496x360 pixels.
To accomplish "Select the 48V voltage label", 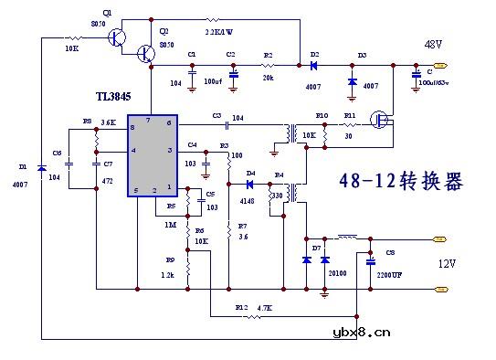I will (432, 44).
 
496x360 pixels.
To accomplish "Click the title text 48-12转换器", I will (400, 181).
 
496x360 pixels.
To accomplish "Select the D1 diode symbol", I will (41, 168).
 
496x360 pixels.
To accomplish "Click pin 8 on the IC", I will (133, 128).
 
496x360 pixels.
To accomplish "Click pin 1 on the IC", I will (168, 187).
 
